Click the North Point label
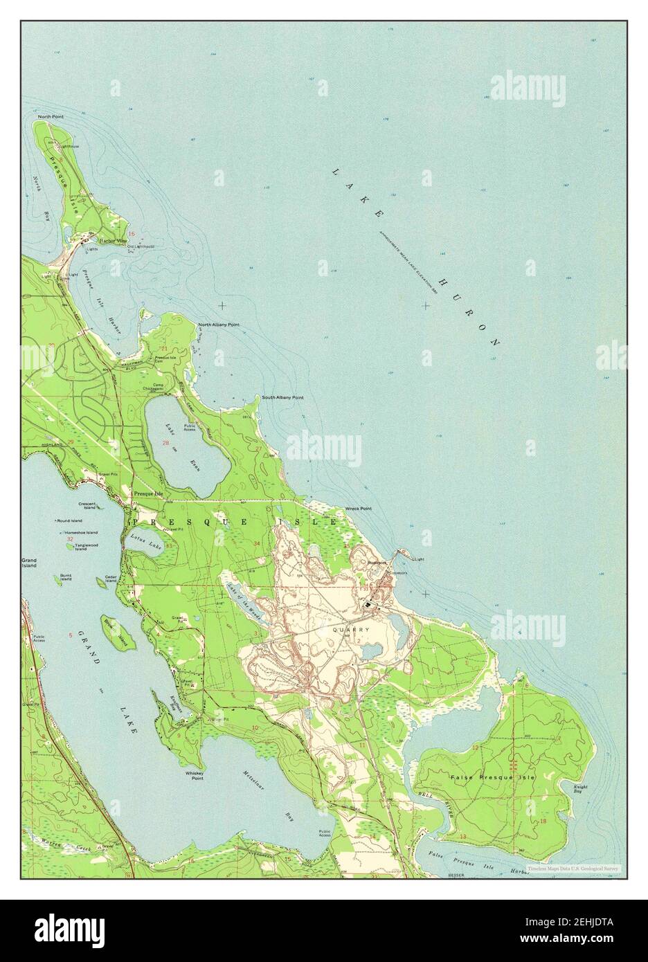click(51, 117)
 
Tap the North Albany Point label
click(219, 324)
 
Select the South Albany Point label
click(282, 397)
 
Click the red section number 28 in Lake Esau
click(165, 443)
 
